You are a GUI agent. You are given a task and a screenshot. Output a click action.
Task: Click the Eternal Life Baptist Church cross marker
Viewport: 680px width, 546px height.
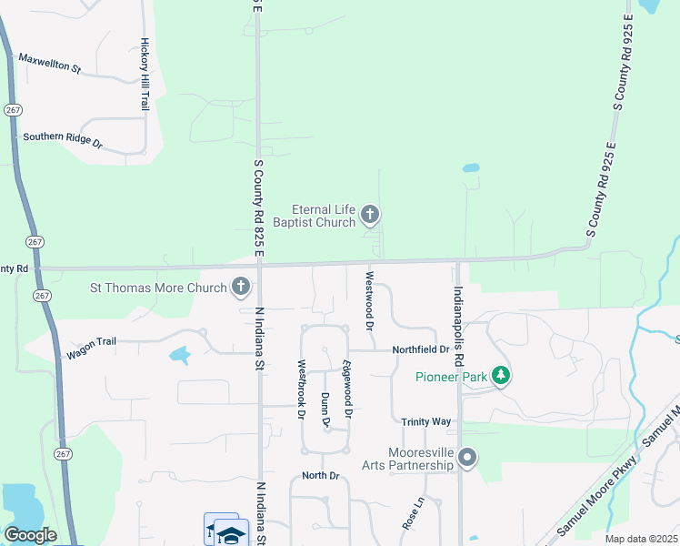pyautogui.click(x=369, y=215)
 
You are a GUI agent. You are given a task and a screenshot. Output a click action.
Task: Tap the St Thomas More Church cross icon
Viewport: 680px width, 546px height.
pyautogui.click(x=241, y=288)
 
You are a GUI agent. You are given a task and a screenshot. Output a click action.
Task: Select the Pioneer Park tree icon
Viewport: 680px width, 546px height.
pyautogui.click(x=499, y=376)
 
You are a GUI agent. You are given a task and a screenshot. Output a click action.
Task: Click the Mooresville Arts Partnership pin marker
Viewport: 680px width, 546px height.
pyautogui.click(x=467, y=458)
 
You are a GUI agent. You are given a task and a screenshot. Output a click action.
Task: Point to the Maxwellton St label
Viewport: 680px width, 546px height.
pyautogui.click(x=50, y=63)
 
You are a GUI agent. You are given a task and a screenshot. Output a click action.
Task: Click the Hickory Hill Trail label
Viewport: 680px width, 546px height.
pyautogui.click(x=145, y=75)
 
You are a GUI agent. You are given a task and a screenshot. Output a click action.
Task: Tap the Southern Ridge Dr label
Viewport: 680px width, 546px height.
pyautogui.click(x=64, y=140)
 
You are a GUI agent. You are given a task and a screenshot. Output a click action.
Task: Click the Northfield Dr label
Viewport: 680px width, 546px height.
pyautogui.click(x=421, y=349)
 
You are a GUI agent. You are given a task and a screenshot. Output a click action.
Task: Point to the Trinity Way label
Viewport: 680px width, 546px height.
pyautogui.click(x=426, y=421)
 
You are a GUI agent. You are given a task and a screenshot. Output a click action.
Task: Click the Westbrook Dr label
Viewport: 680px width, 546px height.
pyautogui.click(x=301, y=389)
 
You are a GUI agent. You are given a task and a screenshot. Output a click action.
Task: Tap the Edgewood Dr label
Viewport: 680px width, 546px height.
pyautogui.click(x=346, y=389)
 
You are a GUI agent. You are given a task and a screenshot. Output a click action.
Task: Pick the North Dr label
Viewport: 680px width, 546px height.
pyautogui.click(x=320, y=476)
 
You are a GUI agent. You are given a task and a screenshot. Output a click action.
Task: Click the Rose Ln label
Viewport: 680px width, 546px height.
pyautogui.click(x=408, y=513)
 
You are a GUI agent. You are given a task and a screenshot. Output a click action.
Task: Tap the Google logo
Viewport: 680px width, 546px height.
pyautogui.click(x=30, y=535)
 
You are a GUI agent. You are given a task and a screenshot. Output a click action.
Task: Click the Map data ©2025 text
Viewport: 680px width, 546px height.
pyautogui.click(x=641, y=539)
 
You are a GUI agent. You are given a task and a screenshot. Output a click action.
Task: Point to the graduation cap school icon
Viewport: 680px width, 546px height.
pyautogui.click(x=232, y=533)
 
